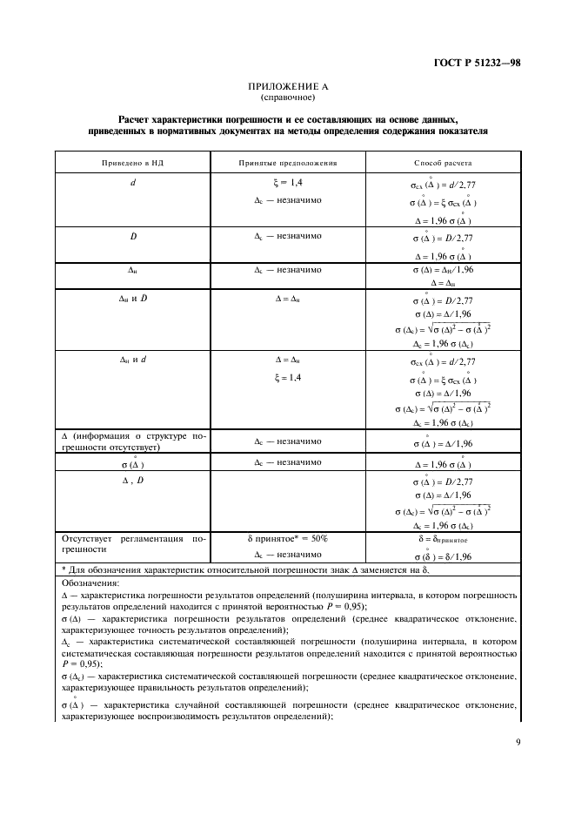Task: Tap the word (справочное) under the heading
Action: coord(286,98)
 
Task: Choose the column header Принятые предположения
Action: coord(288,163)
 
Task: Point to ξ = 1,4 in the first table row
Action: coord(288,185)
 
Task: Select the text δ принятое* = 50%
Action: coord(288,539)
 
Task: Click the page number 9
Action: coord(517,743)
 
